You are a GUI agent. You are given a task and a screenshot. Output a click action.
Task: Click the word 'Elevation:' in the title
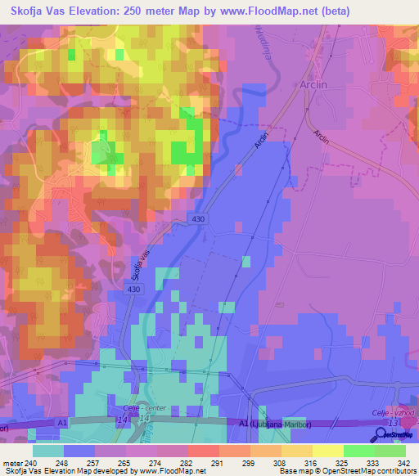click(x=97, y=10)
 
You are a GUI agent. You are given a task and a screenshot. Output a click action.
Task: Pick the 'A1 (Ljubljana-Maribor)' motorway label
click(x=271, y=423)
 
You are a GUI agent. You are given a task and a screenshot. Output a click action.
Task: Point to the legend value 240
click(x=32, y=462)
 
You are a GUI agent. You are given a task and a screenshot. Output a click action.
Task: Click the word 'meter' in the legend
click(x=11, y=462)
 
